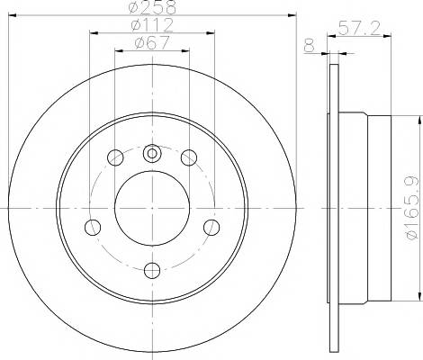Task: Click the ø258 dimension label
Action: tap(152, 7)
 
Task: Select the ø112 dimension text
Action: tap(152, 25)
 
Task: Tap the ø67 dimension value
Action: tap(152, 42)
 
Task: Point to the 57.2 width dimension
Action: tap(359, 28)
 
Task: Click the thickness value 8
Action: tap(310, 46)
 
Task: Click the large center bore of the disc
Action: tap(152, 208)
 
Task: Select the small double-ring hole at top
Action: tap(152, 153)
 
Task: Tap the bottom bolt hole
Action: tap(152, 270)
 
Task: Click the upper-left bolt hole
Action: tap(115, 157)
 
